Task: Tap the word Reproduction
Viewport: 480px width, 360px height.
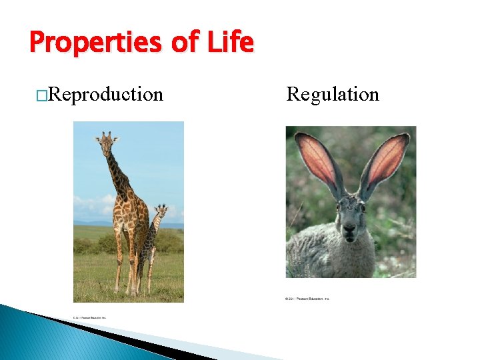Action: pyautogui.click(x=106, y=95)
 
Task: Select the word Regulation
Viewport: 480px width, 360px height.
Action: pyautogui.click(x=333, y=95)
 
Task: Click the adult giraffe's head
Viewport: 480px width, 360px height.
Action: pyautogui.click(x=106, y=141)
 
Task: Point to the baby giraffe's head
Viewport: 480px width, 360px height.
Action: pyautogui.click(x=161, y=212)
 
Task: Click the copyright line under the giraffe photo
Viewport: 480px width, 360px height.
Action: pyautogui.click(x=86, y=317)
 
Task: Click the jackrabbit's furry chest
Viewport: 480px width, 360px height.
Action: pyautogui.click(x=347, y=260)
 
